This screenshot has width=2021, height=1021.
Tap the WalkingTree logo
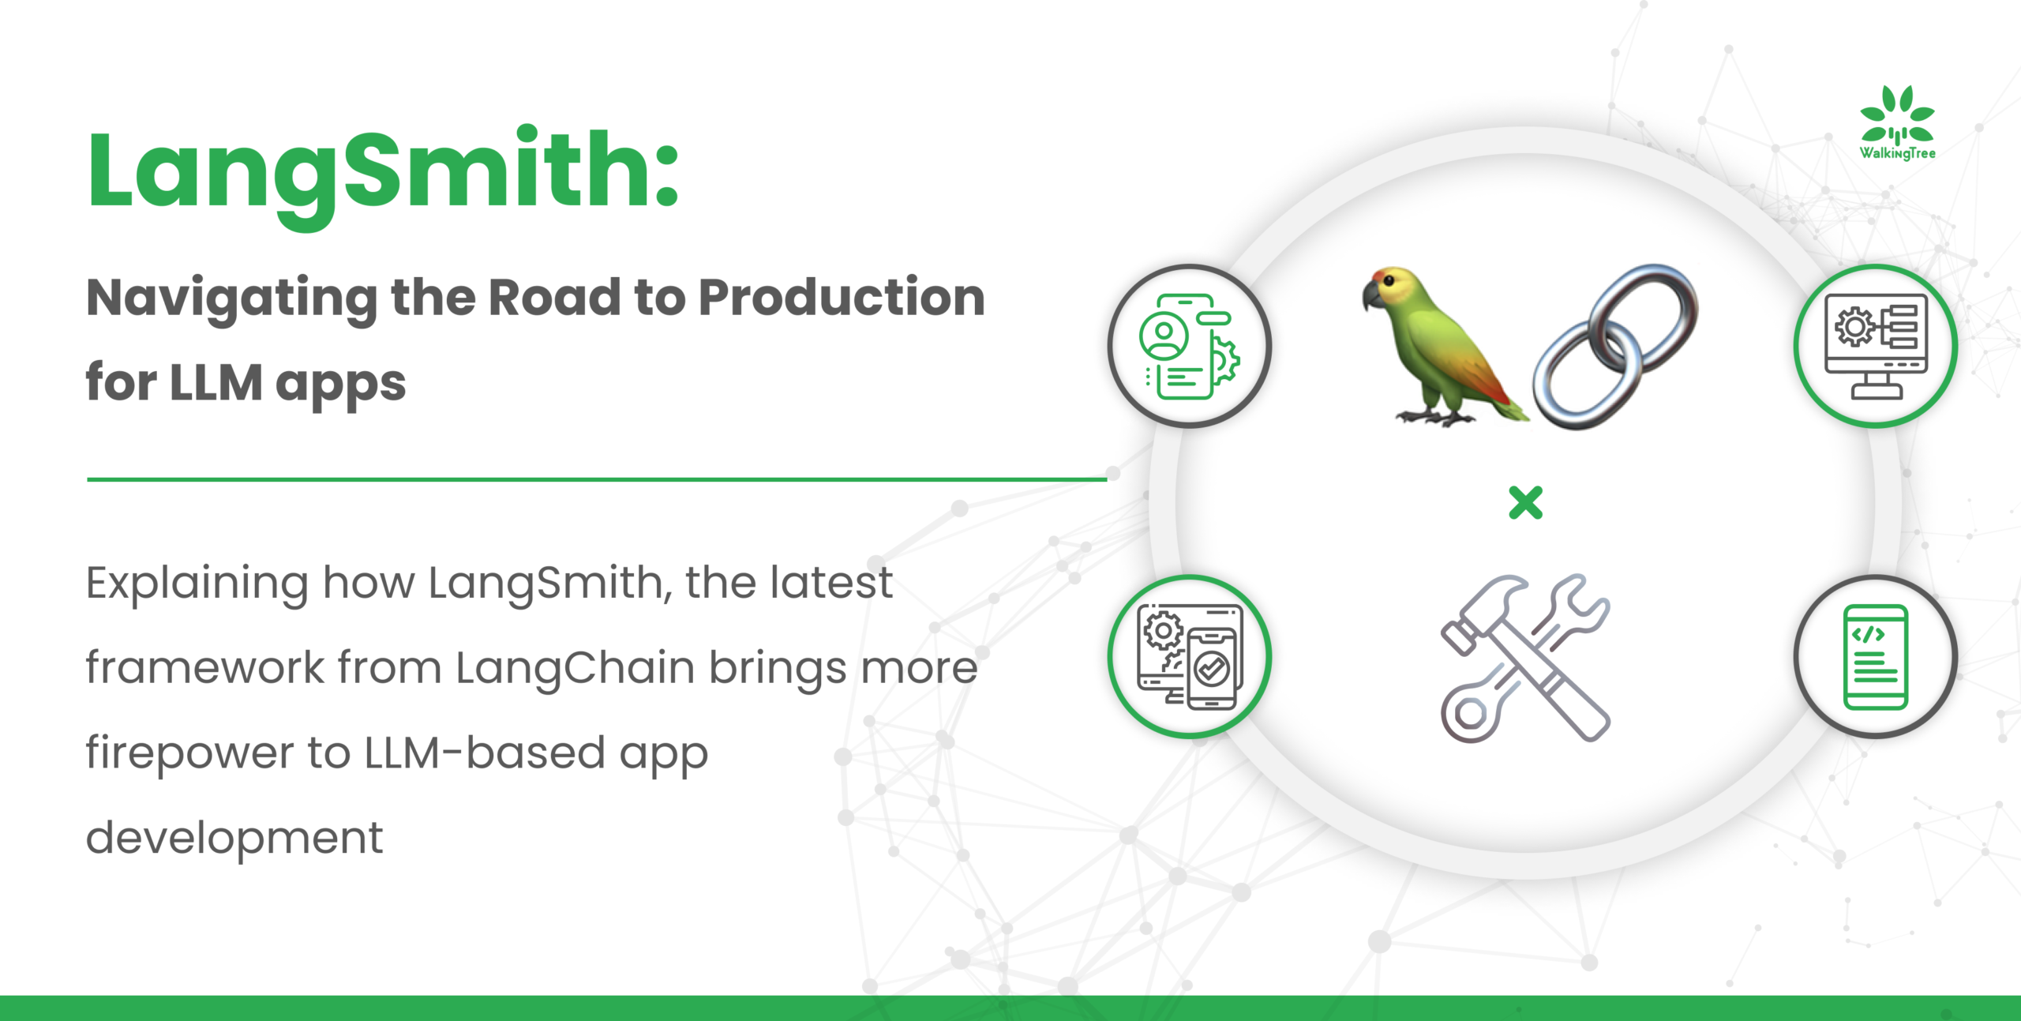(x=1897, y=123)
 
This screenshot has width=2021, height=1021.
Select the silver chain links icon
(x=1615, y=347)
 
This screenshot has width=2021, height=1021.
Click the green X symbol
(x=1525, y=503)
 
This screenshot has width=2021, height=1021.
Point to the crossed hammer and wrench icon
(x=1525, y=658)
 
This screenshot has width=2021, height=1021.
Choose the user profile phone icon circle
(x=1190, y=346)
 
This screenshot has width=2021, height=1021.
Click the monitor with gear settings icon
(x=1876, y=346)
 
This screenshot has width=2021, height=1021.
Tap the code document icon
(x=1876, y=657)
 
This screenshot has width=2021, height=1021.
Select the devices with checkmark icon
(x=1190, y=657)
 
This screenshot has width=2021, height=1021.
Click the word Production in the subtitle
(x=842, y=298)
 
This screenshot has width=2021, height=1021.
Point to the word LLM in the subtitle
(x=216, y=383)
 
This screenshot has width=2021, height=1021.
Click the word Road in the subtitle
(x=554, y=298)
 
